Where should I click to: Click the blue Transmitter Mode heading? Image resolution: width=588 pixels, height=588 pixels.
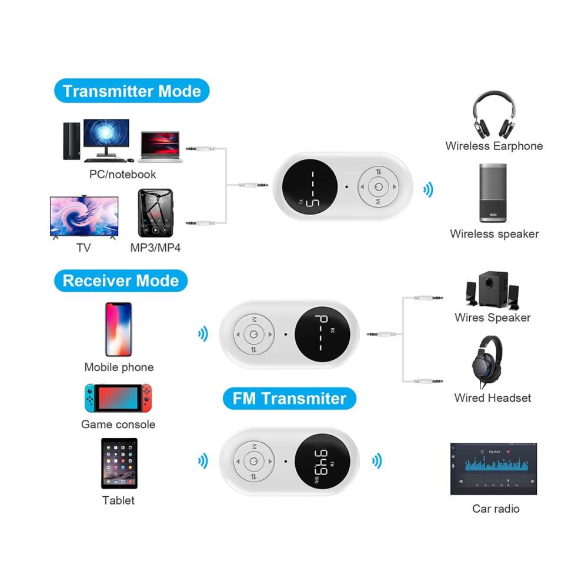tap(132, 91)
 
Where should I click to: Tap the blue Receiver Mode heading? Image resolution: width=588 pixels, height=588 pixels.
tap(121, 280)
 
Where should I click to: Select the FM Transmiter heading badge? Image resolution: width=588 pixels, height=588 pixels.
tap(289, 398)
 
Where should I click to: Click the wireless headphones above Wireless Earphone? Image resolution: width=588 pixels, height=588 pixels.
tap(494, 115)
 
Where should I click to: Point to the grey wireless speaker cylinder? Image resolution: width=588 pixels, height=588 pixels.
tap(493, 193)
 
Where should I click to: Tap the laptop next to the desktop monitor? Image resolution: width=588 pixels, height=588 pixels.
tap(161, 146)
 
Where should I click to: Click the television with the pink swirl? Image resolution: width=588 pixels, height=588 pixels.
tap(84, 217)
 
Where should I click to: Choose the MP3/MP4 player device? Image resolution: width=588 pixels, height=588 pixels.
tap(156, 213)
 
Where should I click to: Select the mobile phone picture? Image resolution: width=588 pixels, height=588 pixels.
tap(119, 329)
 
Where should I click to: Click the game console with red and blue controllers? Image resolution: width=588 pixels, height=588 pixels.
tap(118, 398)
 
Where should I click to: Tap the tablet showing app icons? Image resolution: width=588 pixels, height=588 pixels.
tap(119, 463)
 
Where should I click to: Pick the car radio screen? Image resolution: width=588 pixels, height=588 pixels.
tap(493, 469)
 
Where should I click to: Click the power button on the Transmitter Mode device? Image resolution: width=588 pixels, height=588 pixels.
tap(378, 186)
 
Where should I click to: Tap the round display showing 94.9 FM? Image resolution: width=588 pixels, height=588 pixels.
tap(322, 462)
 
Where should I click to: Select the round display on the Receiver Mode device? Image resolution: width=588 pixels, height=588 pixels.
tap(322, 335)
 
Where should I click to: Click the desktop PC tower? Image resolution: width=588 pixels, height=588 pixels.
tap(72, 141)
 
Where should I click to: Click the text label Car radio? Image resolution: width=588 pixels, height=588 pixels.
tap(496, 509)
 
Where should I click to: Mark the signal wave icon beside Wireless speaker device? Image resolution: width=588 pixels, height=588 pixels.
tap(428, 190)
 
